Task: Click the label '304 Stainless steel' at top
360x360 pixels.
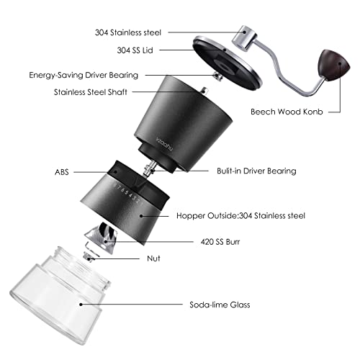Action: (128, 32)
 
